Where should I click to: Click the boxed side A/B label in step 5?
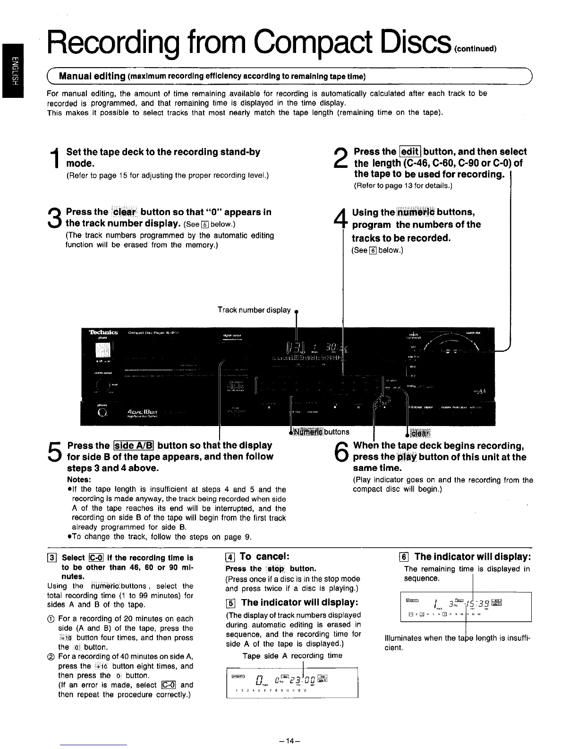[x=134, y=445]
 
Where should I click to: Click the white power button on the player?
[x=102, y=350]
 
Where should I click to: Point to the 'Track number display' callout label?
[x=254, y=310]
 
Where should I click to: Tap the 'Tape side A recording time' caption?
[x=292, y=656]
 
